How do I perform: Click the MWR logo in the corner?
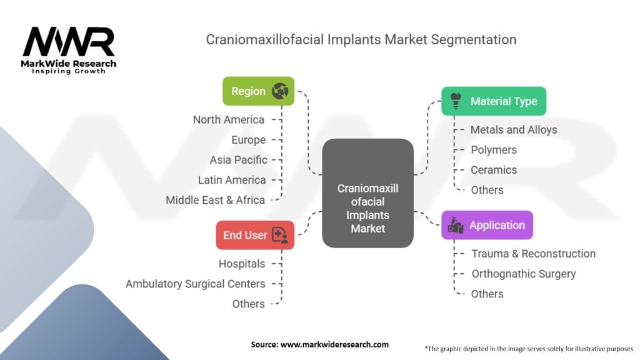69,50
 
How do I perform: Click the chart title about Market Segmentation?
361,40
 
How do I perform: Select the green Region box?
258,91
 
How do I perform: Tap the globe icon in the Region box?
279,91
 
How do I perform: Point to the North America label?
229,120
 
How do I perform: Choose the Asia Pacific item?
239,160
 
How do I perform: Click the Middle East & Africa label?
216,200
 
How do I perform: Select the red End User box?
254,236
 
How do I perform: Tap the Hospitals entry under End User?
242,264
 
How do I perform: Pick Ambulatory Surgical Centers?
196,284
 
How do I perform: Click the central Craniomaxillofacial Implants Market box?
367,193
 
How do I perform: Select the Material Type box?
494,101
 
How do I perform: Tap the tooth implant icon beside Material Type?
456,100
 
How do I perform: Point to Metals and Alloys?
514,130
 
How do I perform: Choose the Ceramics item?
494,170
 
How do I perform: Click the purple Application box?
487,225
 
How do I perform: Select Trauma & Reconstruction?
533,254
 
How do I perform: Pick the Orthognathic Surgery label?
524,274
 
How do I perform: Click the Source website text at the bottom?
320,344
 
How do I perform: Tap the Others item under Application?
487,294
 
